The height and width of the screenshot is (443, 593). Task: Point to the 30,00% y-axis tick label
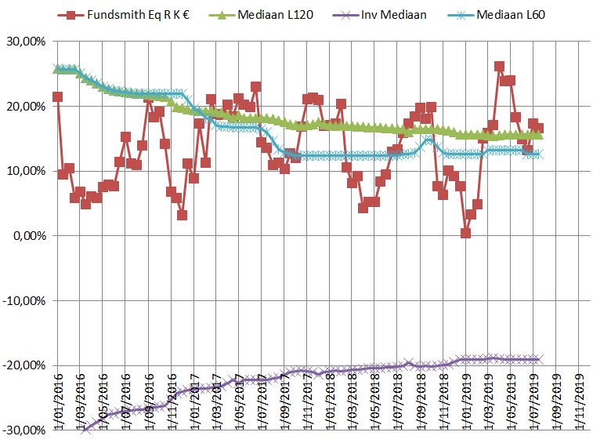(x=26, y=42)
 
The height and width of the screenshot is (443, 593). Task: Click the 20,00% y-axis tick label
(x=26, y=107)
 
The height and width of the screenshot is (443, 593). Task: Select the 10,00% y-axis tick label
(x=26, y=171)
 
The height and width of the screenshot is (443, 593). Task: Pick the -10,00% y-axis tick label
(x=24, y=300)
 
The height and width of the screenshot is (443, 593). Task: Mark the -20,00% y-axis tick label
(x=24, y=365)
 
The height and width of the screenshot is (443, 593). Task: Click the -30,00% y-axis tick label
(x=24, y=430)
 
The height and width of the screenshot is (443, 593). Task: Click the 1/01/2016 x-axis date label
(x=57, y=408)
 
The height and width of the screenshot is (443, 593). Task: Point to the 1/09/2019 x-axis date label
(x=556, y=408)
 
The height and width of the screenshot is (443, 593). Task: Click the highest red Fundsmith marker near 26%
(x=499, y=67)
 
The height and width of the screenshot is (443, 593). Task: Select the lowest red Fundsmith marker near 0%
(x=465, y=233)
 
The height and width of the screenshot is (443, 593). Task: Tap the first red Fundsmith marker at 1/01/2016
(x=57, y=96)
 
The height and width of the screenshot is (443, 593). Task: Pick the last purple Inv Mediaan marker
(x=538, y=359)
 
